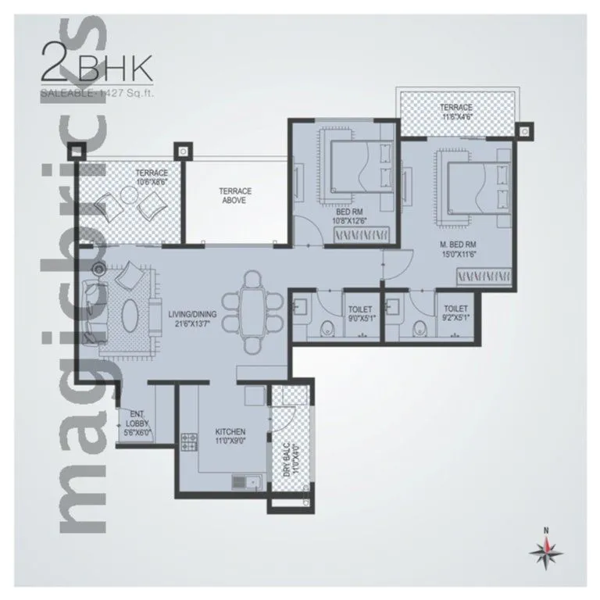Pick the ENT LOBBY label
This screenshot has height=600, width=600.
(x=137, y=422)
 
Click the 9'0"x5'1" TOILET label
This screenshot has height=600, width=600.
(x=360, y=314)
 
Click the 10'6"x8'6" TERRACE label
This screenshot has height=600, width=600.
(x=152, y=176)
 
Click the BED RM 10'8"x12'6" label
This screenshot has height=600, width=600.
(x=348, y=216)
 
